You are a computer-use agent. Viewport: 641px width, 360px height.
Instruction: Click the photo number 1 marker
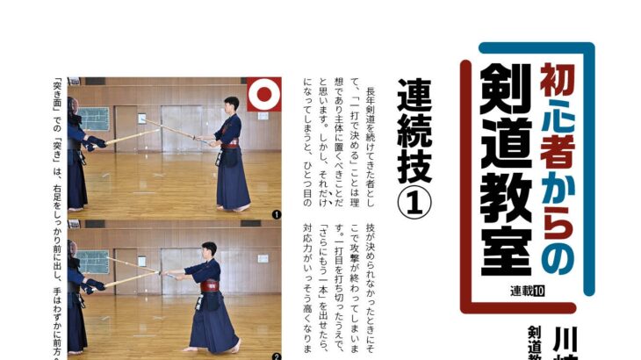[x=276, y=213]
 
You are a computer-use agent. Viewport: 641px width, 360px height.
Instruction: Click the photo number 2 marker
[x=276, y=356]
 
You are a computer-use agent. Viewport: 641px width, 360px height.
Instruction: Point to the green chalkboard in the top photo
[x=95, y=118]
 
